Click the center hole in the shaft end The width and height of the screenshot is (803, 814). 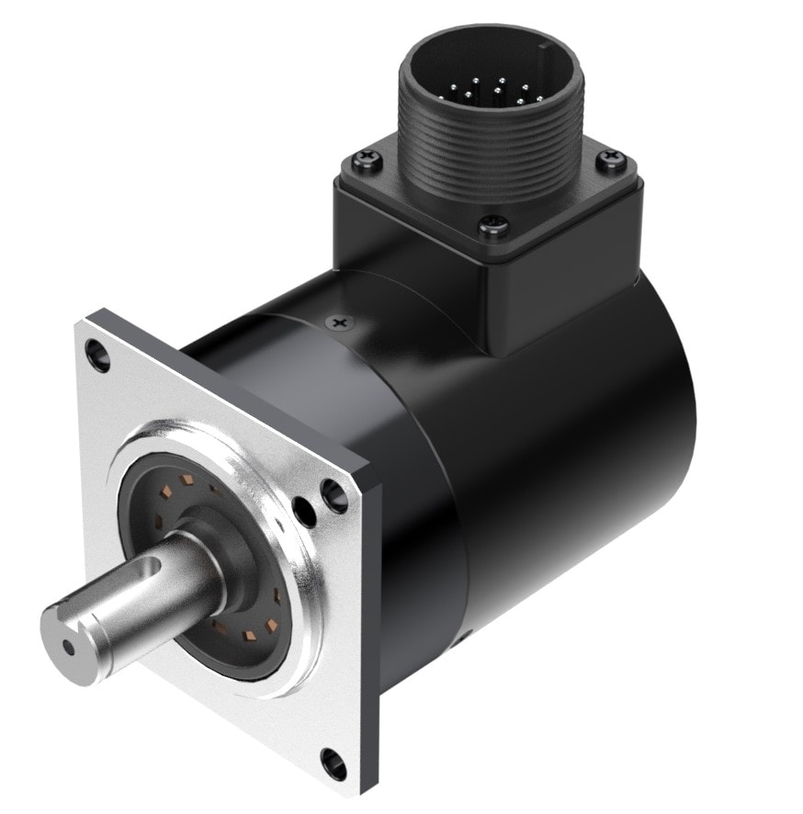(70, 646)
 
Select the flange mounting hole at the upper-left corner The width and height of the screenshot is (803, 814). (96, 354)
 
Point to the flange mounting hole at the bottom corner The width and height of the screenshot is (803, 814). (332, 762)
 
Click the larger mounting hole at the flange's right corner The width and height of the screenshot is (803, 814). (334, 497)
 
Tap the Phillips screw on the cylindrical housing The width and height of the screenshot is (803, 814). (341, 322)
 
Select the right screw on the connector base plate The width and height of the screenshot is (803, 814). (607, 163)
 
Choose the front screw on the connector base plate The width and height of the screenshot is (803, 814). (494, 223)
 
